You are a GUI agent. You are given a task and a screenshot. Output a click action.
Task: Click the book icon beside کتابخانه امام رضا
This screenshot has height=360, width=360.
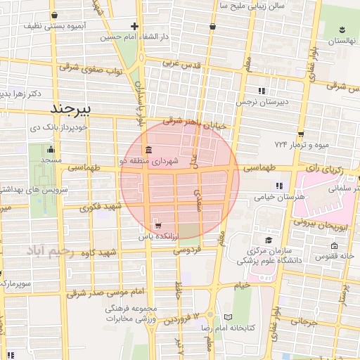tap(226, 316)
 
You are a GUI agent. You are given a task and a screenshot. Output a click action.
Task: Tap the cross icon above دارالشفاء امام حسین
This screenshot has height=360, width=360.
tap(135, 27)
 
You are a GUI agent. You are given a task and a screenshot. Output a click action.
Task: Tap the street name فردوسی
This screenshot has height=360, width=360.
tap(188, 249)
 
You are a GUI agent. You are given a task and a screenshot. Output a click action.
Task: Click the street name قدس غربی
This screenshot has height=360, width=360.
tap(182, 63)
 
